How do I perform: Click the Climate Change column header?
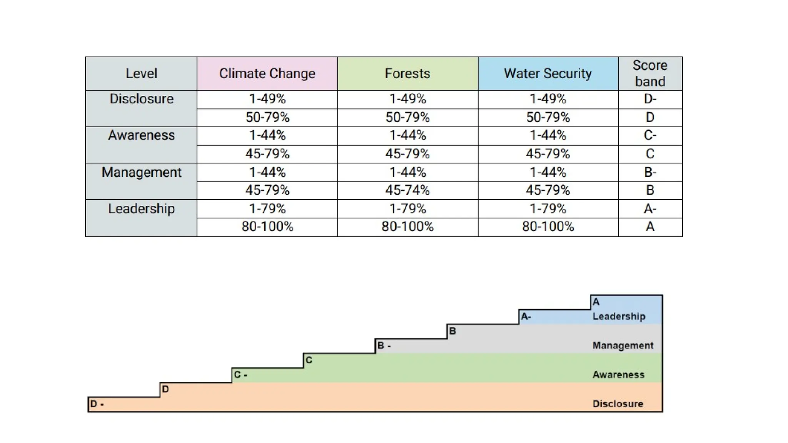[267, 73]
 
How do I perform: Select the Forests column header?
[407, 73]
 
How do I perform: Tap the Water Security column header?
[548, 73]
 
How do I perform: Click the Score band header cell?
[650, 73]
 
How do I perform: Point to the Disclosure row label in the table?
[141, 99]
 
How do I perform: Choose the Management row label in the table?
[141, 172]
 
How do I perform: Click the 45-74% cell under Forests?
[407, 190]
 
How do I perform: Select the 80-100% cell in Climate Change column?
[267, 227]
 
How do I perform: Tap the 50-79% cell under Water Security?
[548, 117]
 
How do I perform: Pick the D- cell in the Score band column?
[650, 99]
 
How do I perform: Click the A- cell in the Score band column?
[650, 209]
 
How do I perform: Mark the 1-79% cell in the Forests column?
[407, 209]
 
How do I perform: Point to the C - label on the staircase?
[240, 375]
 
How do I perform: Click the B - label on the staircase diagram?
[384, 346]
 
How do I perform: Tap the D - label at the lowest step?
[97, 404]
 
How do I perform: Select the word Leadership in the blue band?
[619, 316]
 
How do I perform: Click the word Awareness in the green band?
[618, 375]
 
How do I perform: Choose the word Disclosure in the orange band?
[618, 404]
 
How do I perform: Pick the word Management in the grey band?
[623, 346]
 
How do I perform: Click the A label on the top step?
[596, 302]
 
